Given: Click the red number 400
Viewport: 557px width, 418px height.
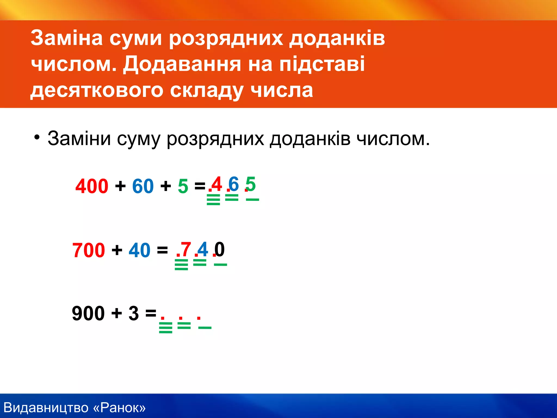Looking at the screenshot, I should [x=92, y=186].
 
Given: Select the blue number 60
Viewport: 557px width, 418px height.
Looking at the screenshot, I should [x=143, y=186].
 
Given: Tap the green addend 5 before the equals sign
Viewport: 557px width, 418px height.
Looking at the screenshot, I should [x=183, y=186].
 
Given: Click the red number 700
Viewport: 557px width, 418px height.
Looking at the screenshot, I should [x=88, y=250].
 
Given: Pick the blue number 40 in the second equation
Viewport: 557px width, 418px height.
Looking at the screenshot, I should [x=139, y=250].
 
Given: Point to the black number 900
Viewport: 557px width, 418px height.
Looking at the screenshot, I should [x=88, y=313].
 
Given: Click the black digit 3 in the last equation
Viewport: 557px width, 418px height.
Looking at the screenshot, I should [x=134, y=313].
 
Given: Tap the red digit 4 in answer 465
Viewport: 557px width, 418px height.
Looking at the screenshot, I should [x=217, y=184].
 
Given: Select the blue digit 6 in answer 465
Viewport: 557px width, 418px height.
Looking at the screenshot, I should [x=234, y=184].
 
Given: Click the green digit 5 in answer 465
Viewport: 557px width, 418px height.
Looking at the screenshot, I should [x=251, y=184].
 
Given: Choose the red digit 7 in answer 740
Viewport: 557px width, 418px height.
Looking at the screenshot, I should [x=186, y=249].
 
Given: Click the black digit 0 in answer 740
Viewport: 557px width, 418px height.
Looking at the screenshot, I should [x=219, y=249].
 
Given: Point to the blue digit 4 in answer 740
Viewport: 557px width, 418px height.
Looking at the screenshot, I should [x=203, y=249].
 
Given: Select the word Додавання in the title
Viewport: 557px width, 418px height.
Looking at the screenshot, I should [x=182, y=64].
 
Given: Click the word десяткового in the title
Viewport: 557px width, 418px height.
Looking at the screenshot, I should [x=96, y=90].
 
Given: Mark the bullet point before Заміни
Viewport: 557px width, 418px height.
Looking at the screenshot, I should [x=37, y=137].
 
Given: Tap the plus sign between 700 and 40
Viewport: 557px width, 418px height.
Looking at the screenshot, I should [x=117, y=250].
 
